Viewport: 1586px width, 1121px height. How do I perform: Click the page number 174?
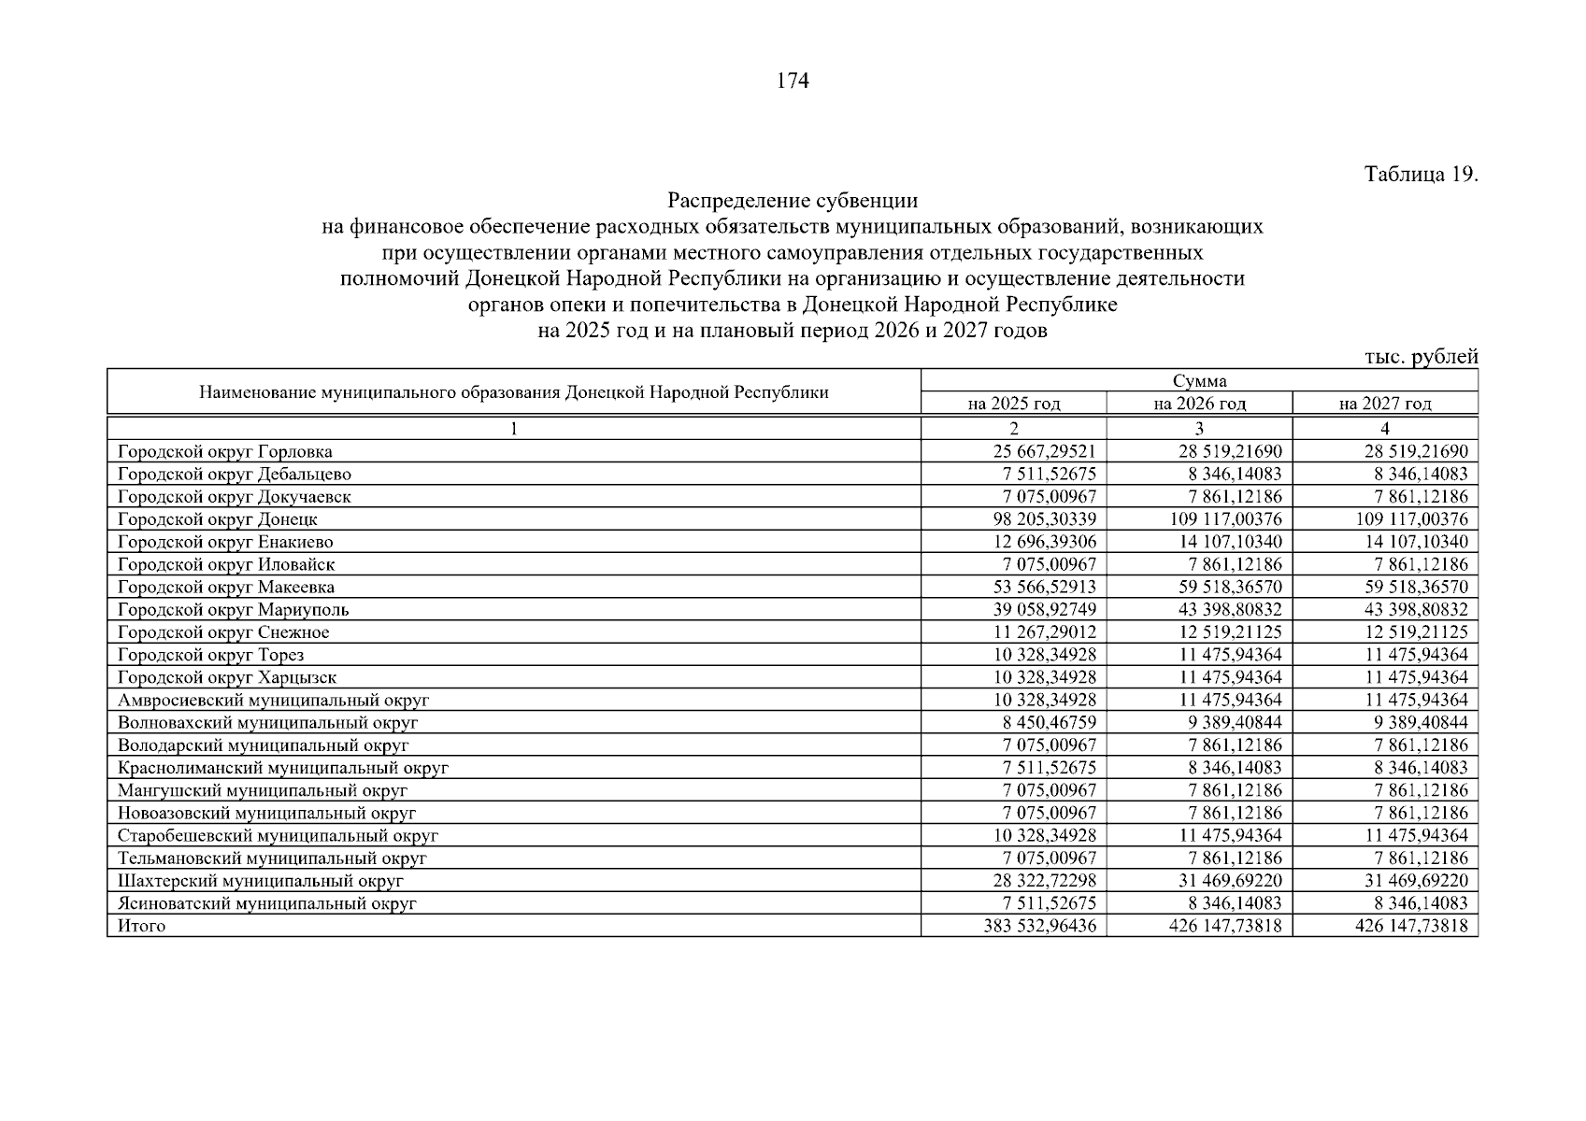793,81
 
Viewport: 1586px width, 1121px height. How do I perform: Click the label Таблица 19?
1421,175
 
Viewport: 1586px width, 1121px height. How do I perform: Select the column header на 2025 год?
1013,404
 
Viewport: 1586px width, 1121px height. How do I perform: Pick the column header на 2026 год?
1199,404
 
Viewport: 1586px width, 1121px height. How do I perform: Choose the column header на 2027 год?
1384,404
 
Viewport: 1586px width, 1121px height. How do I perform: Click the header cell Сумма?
1199,381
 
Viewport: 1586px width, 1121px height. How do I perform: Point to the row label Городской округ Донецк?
218,519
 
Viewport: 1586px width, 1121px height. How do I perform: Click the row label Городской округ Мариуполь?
233,610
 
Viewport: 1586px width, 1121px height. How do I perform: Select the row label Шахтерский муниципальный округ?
261,881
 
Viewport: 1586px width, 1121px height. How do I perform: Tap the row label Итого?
141,926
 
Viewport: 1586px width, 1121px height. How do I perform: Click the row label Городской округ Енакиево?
225,542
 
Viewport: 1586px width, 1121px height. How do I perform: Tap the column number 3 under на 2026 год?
1199,429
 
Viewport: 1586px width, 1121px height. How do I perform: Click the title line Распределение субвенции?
793,201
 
